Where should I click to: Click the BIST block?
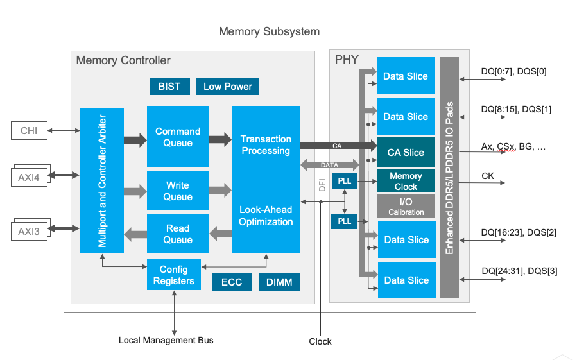point(169,86)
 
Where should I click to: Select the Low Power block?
point(228,86)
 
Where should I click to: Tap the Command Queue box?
point(178,137)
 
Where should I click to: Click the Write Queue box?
point(178,191)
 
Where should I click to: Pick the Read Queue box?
point(178,234)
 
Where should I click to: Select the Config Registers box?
point(174,275)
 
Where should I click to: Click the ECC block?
point(232,282)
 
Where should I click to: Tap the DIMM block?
point(279,282)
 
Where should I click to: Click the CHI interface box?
point(29,130)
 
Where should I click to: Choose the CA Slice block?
point(406,152)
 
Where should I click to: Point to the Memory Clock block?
point(406,181)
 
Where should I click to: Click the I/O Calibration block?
point(406,206)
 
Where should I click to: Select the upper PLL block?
point(345,181)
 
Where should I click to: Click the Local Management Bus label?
point(166,340)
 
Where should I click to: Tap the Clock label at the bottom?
point(320,341)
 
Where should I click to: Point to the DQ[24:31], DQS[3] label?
point(520,271)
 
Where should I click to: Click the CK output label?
point(488,176)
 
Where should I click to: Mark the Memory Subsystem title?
point(270,31)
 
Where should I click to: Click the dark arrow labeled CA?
point(338,146)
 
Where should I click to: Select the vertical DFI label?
point(322,185)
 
